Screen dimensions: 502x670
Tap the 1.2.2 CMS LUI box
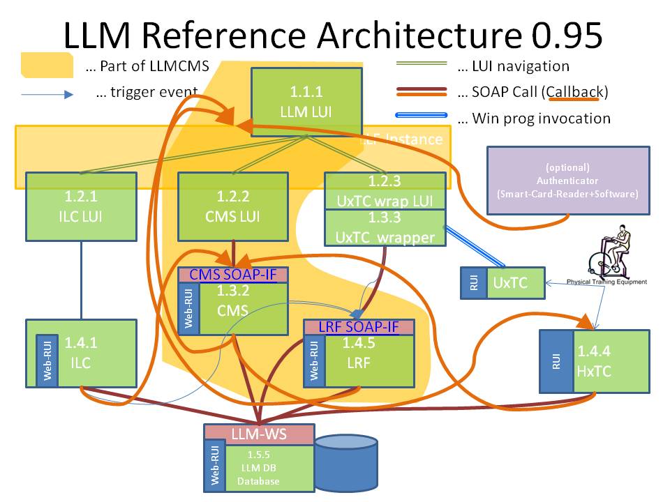tap(232, 206)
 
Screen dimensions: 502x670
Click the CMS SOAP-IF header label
tap(234, 275)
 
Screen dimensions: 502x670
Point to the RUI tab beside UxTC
tap(474, 283)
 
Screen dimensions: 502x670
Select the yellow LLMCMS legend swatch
tap(46, 66)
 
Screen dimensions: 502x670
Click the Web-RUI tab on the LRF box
tap(313, 360)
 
